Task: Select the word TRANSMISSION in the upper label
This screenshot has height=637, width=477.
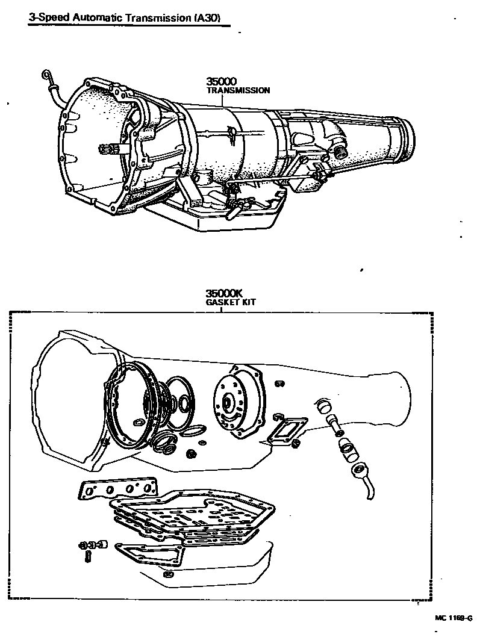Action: click(x=238, y=90)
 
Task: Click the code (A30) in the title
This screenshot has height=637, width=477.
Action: click(x=210, y=18)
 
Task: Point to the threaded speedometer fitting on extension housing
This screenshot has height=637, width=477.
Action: click(x=341, y=151)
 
